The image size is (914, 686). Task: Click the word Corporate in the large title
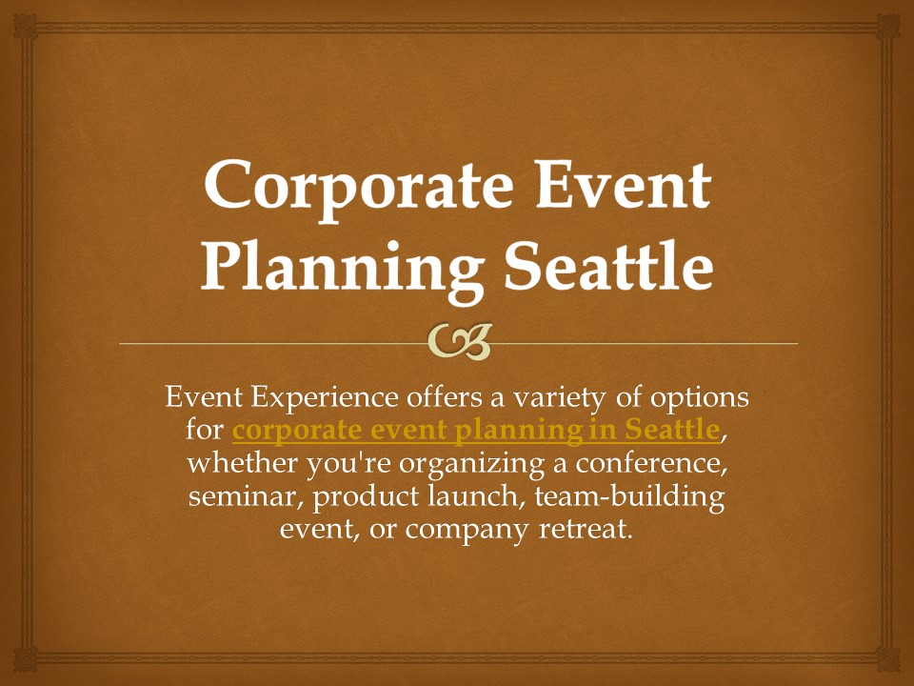pos(359,186)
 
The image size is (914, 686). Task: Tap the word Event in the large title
pos(623,183)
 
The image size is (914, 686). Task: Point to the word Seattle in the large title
pos(608,266)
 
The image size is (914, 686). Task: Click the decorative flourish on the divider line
pos(459,342)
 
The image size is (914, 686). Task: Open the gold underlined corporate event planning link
pos(476,432)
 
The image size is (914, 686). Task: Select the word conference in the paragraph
pos(652,464)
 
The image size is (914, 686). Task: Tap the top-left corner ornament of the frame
pos(25,27)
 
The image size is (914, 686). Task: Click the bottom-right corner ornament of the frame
pos(888,659)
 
